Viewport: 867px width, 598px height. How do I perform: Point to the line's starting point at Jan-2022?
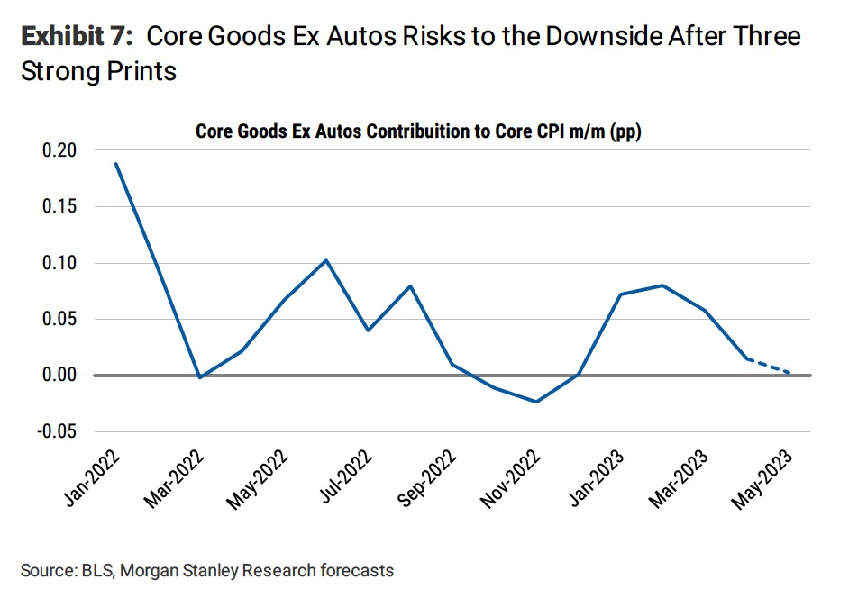pos(115,163)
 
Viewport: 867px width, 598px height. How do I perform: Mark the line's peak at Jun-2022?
pos(325,260)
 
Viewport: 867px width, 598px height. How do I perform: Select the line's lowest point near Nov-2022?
pos(536,402)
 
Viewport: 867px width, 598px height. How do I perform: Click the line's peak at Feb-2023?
pos(662,285)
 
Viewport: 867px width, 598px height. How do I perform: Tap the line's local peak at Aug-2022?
pos(410,286)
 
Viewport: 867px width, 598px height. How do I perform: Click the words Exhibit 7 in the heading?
pos(77,37)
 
